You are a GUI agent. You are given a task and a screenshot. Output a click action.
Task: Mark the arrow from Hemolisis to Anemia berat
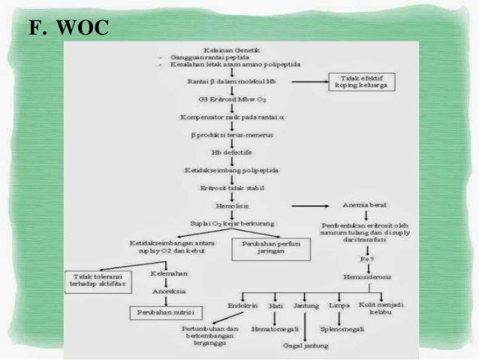[x=310, y=205]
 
